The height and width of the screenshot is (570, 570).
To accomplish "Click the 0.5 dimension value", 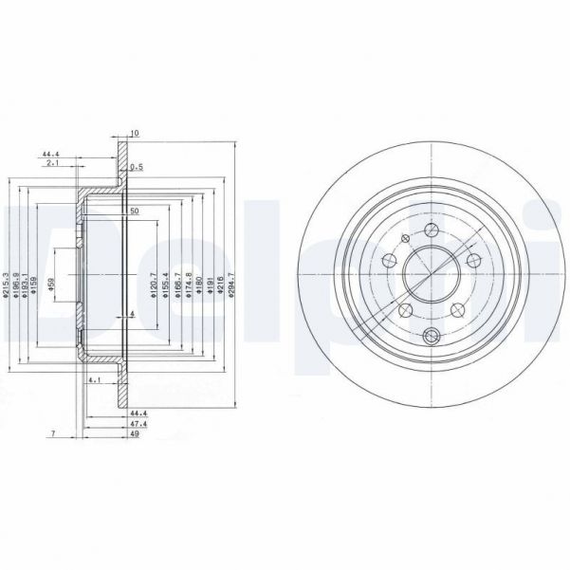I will pyautogui.click(x=137, y=167).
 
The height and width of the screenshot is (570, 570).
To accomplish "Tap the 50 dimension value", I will pyautogui.click(x=135, y=210).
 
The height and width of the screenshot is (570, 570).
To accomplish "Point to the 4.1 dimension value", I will pyautogui.click(x=93, y=380).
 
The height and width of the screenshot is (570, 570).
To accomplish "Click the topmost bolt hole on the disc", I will pyautogui.click(x=432, y=230).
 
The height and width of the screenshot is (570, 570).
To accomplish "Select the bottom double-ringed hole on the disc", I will pyautogui.click(x=432, y=333).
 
